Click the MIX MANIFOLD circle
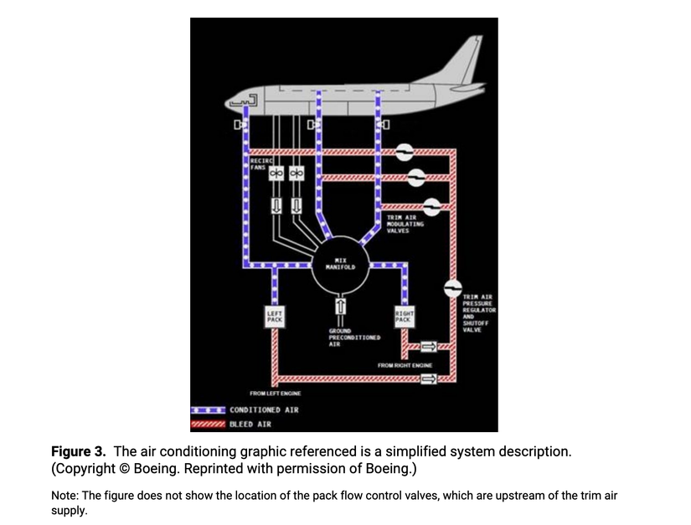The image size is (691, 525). (x=341, y=265)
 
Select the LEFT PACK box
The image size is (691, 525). (x=275, y=317)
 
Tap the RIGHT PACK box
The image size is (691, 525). (x=404, y=317)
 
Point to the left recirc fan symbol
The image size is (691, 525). (x=275, y=172)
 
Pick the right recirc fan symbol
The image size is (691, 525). (x=296, y=172)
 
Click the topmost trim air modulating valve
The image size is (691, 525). (x=404, y=151)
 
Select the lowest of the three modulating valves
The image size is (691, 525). (x=432, y=205)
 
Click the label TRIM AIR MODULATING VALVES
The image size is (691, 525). (x=405, y=224)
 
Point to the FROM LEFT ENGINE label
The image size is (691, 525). (x=275, y=393)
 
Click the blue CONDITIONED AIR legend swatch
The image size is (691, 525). (x=209, y=410)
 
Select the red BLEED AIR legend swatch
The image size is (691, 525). (x=209, y=424)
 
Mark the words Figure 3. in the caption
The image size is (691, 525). (x=79, y=451)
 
